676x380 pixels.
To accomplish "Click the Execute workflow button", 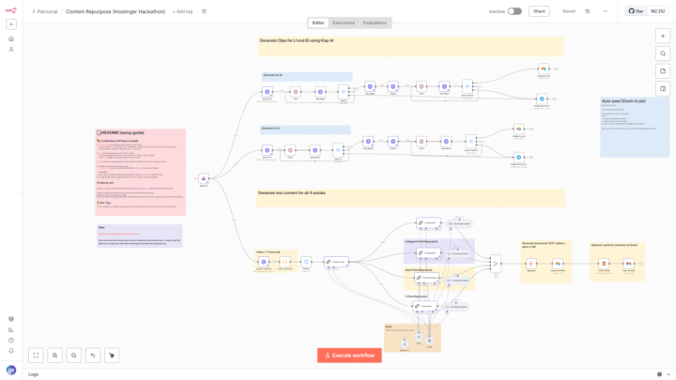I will (x=349, y=355).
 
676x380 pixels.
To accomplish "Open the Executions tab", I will (x=344, y=22).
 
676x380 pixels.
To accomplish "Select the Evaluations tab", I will (x=375, y=22).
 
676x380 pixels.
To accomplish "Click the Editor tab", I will (x=318, y=22).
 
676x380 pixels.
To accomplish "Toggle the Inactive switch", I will (x=515, y=11).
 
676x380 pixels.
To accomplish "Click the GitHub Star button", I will (x=647, y=11).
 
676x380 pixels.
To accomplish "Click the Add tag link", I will (x=183, y=11).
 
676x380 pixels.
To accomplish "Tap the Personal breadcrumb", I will (x=47, y=11).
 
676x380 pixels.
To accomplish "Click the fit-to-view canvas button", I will (x=36, y=356).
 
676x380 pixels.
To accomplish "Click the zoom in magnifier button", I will (x=55, y=356).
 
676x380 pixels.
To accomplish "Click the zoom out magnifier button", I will (x=74, y=356).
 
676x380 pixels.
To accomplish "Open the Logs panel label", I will (x=34, y=374).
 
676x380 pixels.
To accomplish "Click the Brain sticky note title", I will (x=390, y=327).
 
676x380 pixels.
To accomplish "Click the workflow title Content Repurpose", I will (x=115, y=11).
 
